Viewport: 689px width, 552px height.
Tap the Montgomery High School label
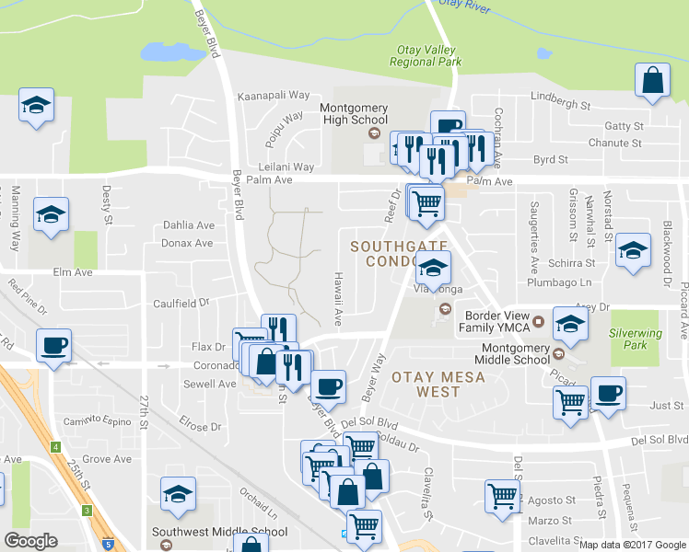(x=354, y=113)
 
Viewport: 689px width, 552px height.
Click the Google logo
(x=30, y=541)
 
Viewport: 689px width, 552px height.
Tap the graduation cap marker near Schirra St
(x=633, y=252)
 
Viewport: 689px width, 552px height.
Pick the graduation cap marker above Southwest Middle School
(x=179, y=495)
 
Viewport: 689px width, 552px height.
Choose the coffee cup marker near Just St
(x=608, y=395)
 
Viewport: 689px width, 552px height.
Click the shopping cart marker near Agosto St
(x=503, y=496)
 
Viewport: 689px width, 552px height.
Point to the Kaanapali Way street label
(x=274, y=95)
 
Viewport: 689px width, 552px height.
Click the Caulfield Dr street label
(x=181, y=302)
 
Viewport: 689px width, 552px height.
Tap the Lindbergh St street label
(x=560, y=106)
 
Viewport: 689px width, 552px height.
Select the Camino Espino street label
(x=95, y=420)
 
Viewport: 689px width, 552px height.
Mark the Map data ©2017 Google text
(x=633, y=544)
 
